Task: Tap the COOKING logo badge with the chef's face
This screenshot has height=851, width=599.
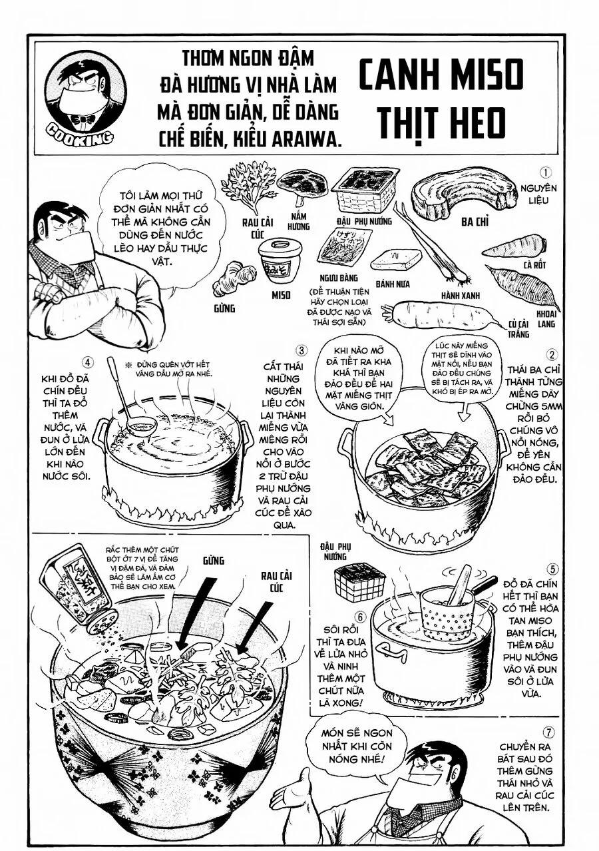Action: [x=85, y=95]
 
